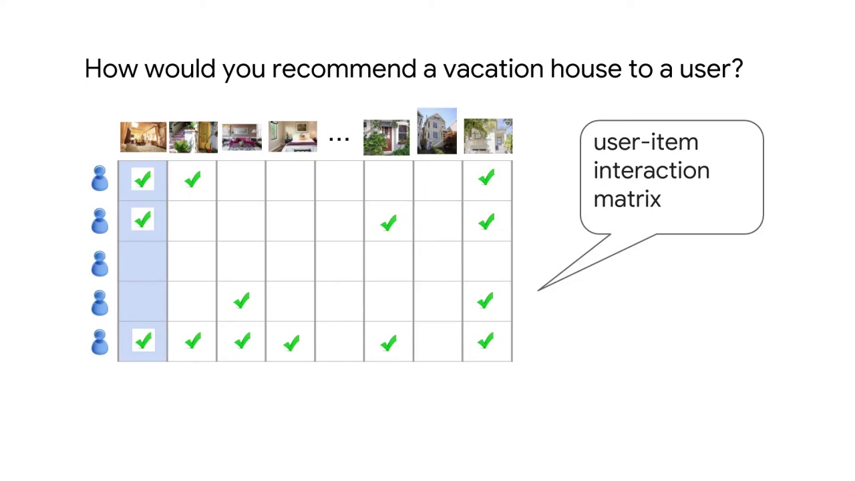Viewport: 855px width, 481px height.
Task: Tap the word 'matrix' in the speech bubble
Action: click(627, 199)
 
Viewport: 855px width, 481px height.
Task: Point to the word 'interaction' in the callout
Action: click(651, 171)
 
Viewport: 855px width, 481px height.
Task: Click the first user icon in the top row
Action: click(100, 179)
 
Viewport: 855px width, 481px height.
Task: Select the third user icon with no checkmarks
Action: click(100, 263)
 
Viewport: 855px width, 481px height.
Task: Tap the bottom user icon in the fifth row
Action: click(100, 342)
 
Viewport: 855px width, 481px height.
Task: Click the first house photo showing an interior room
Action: click(143, 137)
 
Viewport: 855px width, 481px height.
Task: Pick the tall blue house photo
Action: click(437, 131)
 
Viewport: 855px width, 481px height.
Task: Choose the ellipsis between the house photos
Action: click(339, 138)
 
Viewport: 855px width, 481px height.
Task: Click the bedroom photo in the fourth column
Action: click(293, 137)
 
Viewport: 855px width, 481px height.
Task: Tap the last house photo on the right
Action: click(488, 136)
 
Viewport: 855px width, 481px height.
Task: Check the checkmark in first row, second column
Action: click(192, 179)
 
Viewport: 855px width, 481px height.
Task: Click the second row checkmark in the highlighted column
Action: click(142, 220)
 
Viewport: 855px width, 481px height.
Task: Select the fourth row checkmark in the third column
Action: click(241, 301)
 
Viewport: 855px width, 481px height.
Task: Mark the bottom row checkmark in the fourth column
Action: click(291, 343)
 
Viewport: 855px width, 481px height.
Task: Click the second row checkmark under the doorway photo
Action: click(388, 223)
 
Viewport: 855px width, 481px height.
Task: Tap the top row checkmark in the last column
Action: click(486, 178)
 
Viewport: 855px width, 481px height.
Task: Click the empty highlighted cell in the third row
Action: click(142, 261)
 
